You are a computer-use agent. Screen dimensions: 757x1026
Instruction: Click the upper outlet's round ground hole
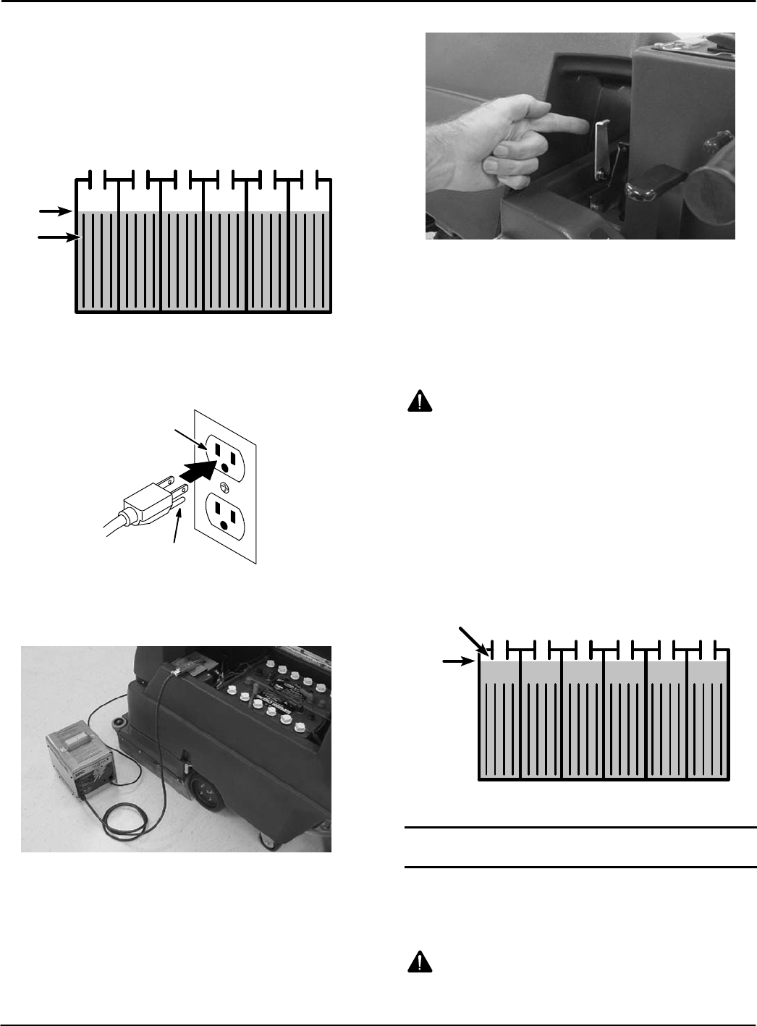click(x=224, y=467)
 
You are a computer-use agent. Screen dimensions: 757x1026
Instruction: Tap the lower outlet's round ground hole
click(x=224, y=525)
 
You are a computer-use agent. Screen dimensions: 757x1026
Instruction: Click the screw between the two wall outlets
click(x=224, y=486)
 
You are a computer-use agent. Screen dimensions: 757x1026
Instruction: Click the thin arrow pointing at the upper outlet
click(x=192, y=441)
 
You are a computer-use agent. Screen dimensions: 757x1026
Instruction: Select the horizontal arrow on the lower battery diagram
click(x=459, y=660)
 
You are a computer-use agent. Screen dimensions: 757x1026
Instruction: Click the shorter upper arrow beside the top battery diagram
click(x=54, y=211)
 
